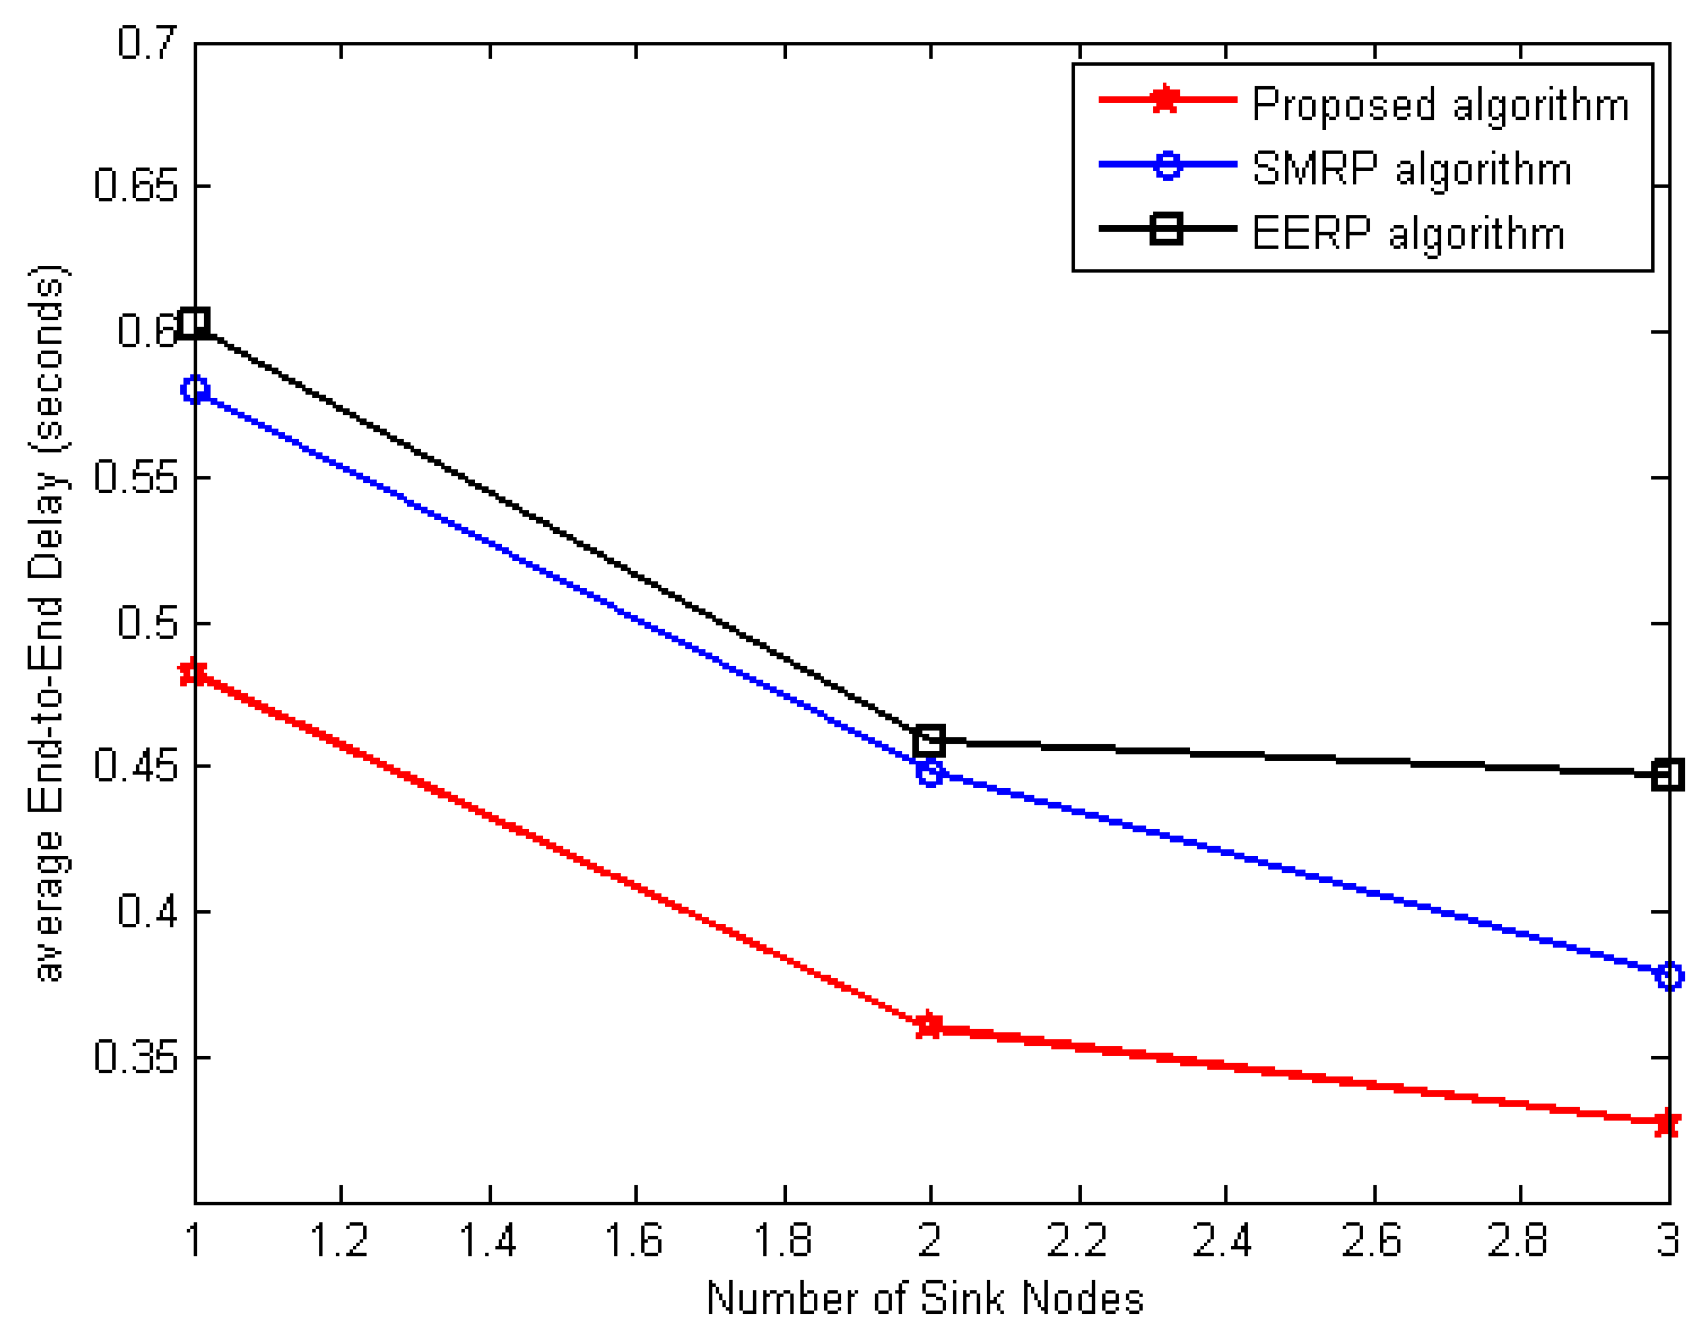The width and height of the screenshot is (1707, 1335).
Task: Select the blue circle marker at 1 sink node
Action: (195, 389)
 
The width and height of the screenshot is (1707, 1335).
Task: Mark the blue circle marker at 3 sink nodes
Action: (1669, 976)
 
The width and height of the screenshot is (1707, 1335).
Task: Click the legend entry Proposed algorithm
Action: (1440, 104)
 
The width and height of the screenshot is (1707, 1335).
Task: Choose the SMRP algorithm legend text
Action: (1411, 168)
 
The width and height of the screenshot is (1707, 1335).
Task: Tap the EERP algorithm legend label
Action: (1408, 233)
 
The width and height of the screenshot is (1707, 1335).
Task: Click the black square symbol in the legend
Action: (1166, 229)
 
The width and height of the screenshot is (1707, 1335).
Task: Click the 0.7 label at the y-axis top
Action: (147, 42)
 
